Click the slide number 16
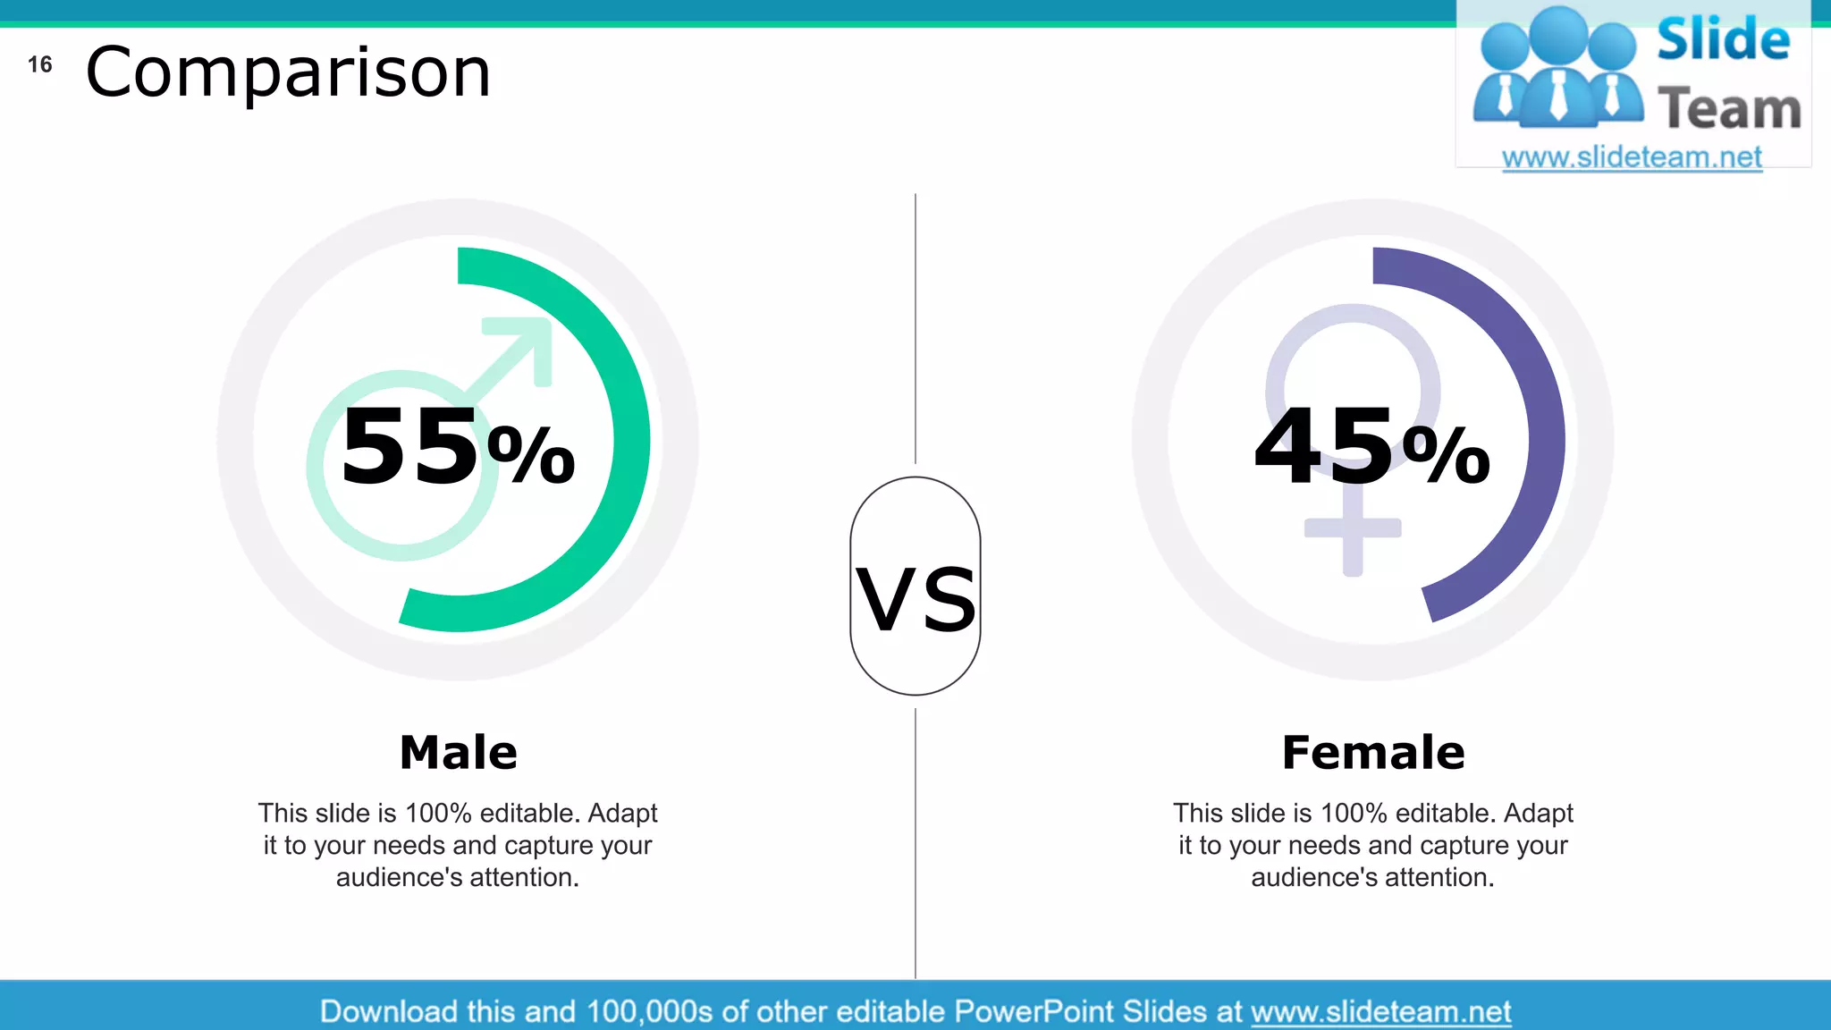pos(40,64)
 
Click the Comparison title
pos(288,72)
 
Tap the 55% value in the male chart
pos(457,446)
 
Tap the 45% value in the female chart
pos(1371,446)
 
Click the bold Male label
pos(458,752)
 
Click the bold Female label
pos(1373,752)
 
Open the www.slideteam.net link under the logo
pos(1632,157)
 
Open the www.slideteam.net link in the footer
pos(1380,1011)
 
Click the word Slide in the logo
pos(1723,41)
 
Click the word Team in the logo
pos(1729,109)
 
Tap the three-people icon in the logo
pos(1558,67)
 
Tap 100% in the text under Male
pos(438,813)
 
